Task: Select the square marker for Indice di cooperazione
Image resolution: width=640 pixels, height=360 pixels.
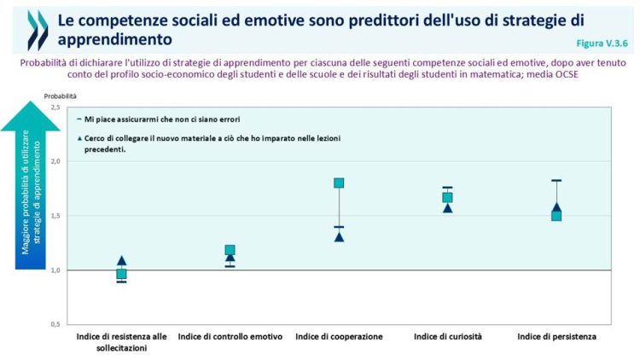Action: pyautogui.click(x=339, y=183)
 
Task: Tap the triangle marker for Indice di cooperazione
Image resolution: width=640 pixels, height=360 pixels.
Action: pyautogui.click(x=339, y=236)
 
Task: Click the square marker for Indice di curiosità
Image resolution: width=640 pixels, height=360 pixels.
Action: pyautogui.click(x=447, y=197)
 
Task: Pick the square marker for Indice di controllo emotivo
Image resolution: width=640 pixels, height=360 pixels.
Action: pyautogui.click(x=230, y=250)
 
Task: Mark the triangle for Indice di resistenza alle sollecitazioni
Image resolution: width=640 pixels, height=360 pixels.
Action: pyautogui.click(x=121, y=261)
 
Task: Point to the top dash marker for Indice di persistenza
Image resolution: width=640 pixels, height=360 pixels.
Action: pyautogui.click(x=556, y=180)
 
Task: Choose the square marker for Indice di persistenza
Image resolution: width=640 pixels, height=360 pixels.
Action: pyautogui.click(x=556, y=216)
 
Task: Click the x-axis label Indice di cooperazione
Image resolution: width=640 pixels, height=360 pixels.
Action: pyautogui.click(x=339, y=337)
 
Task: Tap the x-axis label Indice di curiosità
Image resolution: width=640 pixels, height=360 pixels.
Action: pyautogui.click(x=447, y=337)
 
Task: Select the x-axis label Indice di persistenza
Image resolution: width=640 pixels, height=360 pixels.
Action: pyautogui.click(x=556, y=337)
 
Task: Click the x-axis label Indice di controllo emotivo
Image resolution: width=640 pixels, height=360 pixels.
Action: pyautogui.click(x=230, y=337)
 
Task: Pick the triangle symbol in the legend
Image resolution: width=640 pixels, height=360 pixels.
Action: pyautogui.click(x=79, y=138)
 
